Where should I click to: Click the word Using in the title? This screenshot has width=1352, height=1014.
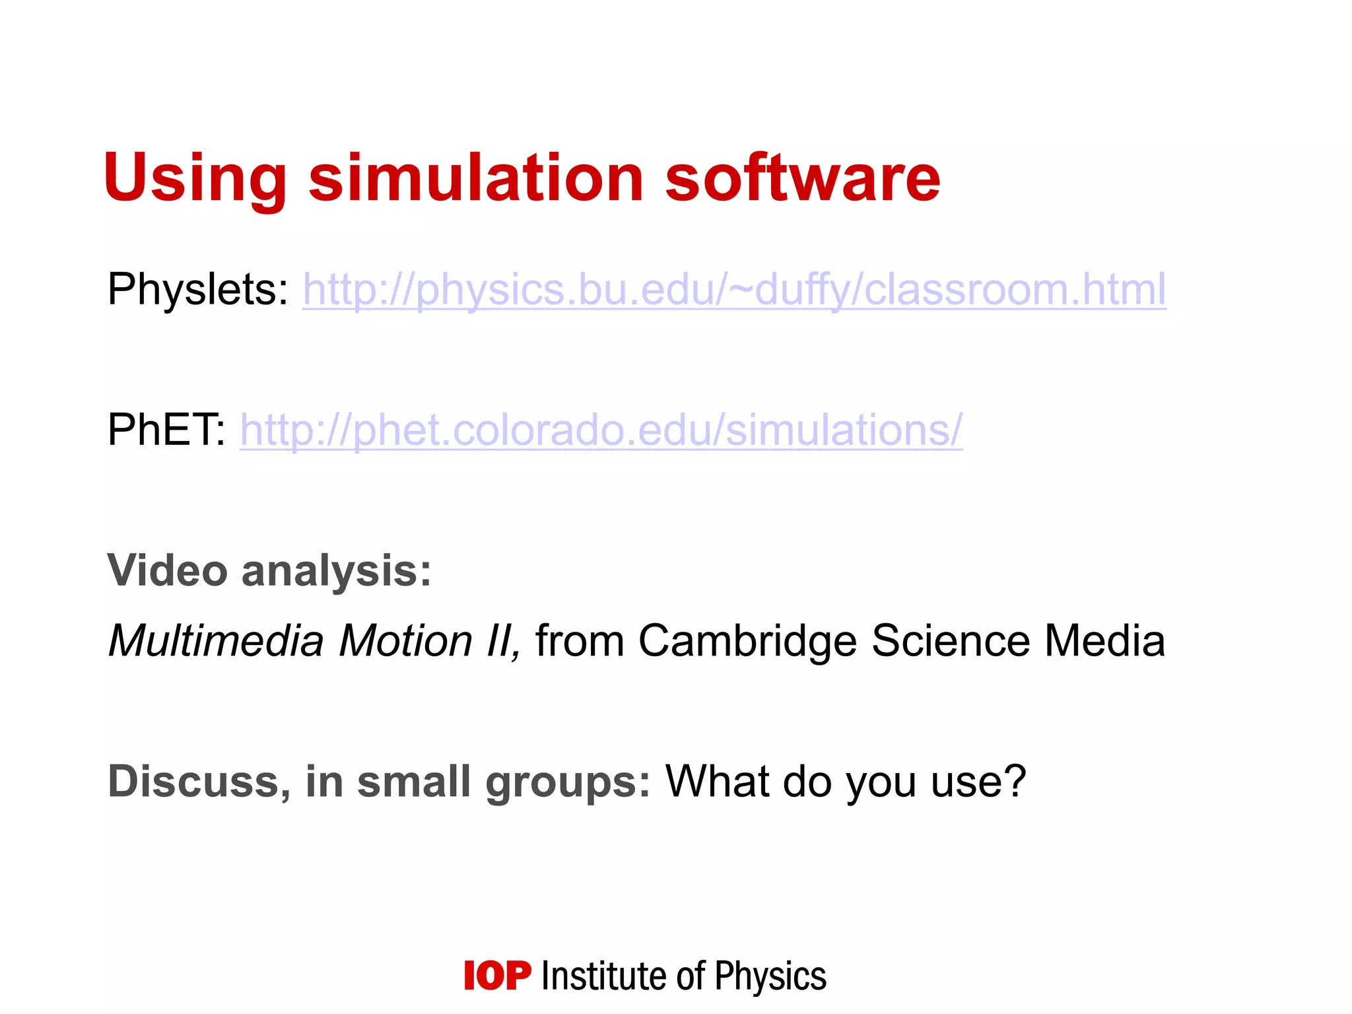(195, 178)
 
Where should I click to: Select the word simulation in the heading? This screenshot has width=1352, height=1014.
(476, 178)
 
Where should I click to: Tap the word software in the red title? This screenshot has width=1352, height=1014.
(802, 178)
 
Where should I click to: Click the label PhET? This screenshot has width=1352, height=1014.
(166, 430)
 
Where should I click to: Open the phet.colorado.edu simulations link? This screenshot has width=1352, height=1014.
(601, 430)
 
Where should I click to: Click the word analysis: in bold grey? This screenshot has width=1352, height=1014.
(336, 571)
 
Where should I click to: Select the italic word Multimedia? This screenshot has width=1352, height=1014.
(216, 641)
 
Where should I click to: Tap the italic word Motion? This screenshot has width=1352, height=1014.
(405, 641)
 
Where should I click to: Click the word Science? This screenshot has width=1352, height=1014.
(950, 641)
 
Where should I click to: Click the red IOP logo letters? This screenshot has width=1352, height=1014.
(497, 976)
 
